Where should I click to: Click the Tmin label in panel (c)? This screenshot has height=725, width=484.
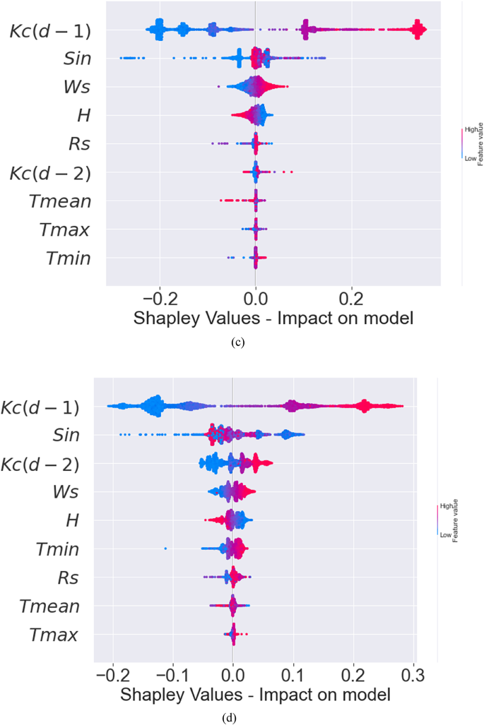coord(69,258)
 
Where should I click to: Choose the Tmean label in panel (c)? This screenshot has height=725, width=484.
coord(61,202)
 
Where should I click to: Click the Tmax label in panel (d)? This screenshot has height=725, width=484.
coord(54,635)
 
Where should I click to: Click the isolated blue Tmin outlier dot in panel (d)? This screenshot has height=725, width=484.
coord(165,548)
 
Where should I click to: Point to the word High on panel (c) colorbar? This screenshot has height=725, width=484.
coord(468,130)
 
